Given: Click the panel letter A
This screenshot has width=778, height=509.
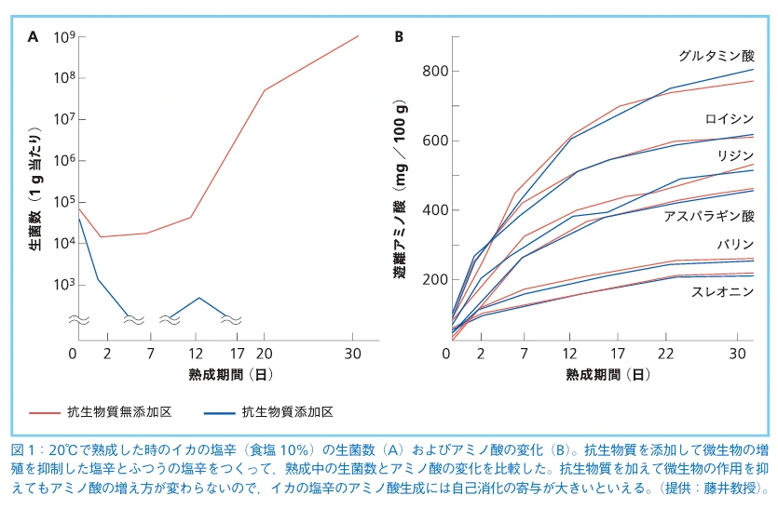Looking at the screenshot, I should click(34, 37).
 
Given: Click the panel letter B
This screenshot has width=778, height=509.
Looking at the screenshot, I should click(399, 37).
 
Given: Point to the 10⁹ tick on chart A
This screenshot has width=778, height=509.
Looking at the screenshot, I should click(63, 37).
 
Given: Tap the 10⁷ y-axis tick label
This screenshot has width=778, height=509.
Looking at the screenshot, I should click(63, 119).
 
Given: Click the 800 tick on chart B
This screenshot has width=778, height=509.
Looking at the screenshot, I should click(436, 72).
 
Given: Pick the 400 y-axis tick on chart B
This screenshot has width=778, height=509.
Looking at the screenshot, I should click(436, 210).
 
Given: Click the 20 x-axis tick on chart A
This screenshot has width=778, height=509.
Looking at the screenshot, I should click(264, 353).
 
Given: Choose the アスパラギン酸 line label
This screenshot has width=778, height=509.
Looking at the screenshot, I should click(709, 216).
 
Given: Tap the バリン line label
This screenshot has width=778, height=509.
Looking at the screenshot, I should click(736, 245).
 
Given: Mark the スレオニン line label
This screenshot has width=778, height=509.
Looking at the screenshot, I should click(723, 291).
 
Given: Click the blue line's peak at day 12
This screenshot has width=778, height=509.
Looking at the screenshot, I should click(198, 298).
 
